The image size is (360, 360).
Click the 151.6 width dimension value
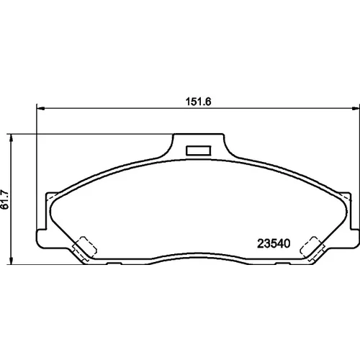click(198, 102)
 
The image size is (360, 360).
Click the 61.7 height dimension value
click(5, 199)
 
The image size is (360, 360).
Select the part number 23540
click(274, 243)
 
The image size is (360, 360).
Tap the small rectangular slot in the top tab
click(199, 150)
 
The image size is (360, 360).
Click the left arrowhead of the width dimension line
click(41, 109)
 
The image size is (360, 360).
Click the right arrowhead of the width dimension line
click(355, 109)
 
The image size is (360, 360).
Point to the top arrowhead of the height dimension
click(11, 138)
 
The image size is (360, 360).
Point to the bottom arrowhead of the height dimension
click(11, 261)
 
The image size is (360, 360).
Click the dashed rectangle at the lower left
click(85, 248)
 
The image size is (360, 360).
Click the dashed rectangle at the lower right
click(312, 248)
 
